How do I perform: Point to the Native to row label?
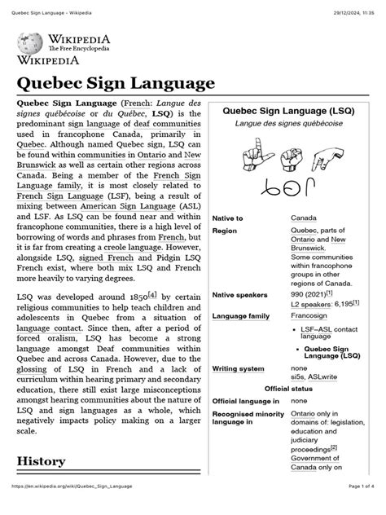pyautogui.click(x=227, y=219)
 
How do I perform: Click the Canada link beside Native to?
pyautogui.click(x=305, y=219)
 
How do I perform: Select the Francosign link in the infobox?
pyautogui.click(x=311, y=315)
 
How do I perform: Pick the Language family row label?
pyautogui.click(x=240, y=315)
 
